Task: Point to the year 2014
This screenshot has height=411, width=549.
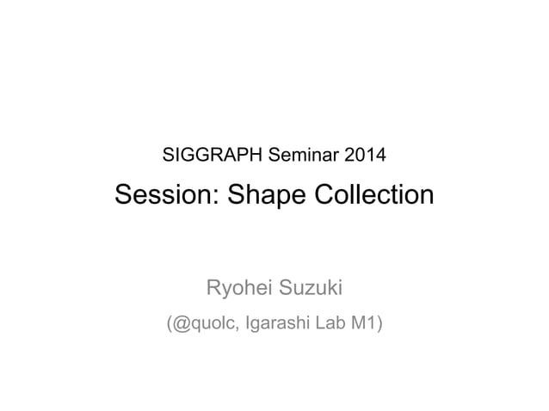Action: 365,156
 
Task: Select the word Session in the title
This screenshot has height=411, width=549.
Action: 160,196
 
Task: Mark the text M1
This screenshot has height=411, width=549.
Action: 366,324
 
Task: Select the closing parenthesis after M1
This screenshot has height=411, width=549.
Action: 379,324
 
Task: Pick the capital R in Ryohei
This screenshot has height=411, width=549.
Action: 209,285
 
